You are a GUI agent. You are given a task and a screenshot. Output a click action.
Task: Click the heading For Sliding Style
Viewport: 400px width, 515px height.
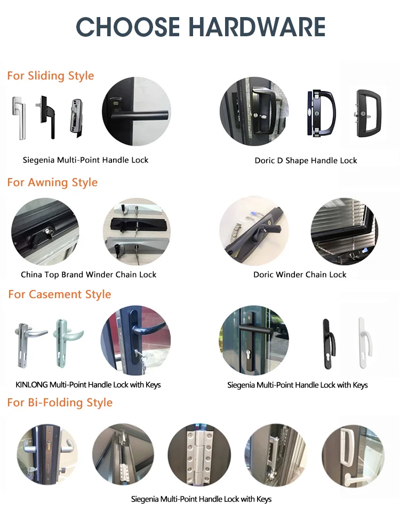click(51, 76)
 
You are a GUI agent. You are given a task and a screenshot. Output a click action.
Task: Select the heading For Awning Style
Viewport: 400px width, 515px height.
click(52, 182)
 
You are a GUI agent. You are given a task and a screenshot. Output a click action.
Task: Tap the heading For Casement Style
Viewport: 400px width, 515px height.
click(59, 294)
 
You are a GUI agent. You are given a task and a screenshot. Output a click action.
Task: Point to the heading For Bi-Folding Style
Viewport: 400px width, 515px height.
click(60, 402)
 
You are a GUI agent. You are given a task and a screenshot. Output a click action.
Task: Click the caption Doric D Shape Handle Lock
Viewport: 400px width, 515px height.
click(306, 160)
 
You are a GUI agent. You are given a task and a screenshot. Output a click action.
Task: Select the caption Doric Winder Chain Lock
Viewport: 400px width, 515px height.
click(300, 275)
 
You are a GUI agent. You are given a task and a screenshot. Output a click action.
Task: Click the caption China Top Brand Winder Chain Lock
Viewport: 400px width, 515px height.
click(89, 275)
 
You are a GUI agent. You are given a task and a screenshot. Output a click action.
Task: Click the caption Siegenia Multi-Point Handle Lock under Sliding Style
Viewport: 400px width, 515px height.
click(86, 160)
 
